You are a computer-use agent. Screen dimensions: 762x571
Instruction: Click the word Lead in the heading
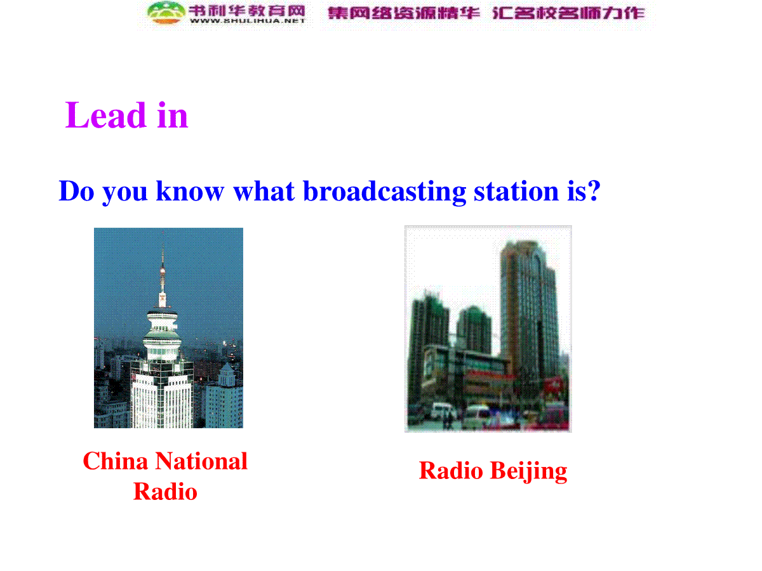click(x=105, y=115)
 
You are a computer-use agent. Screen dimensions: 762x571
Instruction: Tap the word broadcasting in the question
click(x=384, y=192)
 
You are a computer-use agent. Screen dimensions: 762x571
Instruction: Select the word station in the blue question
click(x=516, y=192)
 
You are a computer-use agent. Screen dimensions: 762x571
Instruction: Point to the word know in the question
click(x=190, y=191)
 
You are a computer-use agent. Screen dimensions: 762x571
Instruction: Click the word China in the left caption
click(x=116, y=461)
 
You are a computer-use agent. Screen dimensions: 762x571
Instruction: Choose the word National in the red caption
click(x=201, y=461)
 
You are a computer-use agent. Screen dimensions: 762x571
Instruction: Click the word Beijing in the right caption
click(x=529, y=471)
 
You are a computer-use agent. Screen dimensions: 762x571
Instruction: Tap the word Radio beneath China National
click(x=165, y=492)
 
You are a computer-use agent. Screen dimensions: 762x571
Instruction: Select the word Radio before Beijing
click(x=451, y=471)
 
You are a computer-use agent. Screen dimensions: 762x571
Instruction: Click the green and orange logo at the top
click(x=166, y=13)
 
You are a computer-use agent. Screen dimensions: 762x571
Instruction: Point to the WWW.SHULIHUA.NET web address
click(x=247, y=21)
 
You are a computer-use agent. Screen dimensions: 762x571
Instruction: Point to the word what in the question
click(x=264, y=191)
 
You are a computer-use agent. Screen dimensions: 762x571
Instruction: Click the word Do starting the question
click(x=76, y=191)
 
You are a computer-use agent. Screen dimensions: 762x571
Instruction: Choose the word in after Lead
click(x=172, y=115)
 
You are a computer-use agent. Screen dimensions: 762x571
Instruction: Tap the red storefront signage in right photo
click(x=490, y=374)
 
